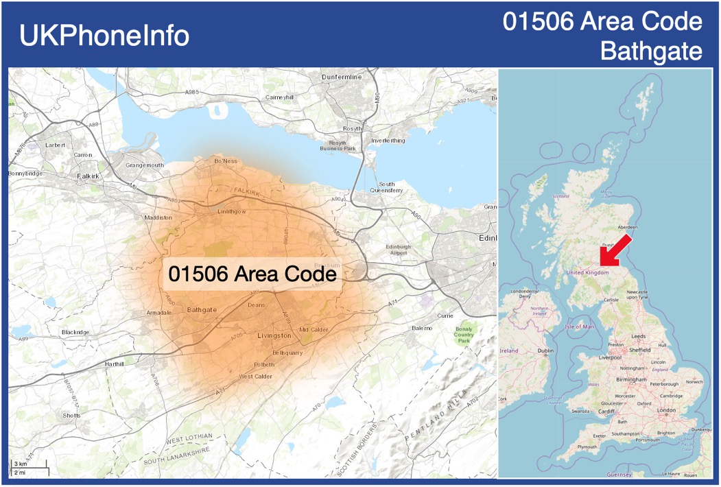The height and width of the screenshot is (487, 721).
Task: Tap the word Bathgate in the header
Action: pyautogui.click(x=651, y=51)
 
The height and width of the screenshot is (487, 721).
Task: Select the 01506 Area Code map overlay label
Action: pyautogui.click(x=252, y=274)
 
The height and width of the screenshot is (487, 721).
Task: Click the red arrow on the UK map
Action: pyautogui.click(x=615, y=248)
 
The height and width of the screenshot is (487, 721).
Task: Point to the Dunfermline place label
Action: pyautogui.click(x=341, y=77)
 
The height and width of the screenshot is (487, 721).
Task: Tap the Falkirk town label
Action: pyautogui.click(x=88, y=176)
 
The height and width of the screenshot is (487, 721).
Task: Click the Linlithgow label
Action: pyautogui.click(x=231, y=211)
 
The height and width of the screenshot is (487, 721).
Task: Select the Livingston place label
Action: pyautogui.click(x=274, y=336)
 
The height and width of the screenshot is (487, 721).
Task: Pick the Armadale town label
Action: pyautogui.click(x=159, y=313)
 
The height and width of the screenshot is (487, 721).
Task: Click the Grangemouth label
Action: pyautogui.click(x=145, y=165)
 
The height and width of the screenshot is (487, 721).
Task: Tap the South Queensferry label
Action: pyautogui.click(x=387, y=187)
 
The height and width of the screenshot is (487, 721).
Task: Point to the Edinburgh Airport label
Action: pyautogui.click(x=398, y=250)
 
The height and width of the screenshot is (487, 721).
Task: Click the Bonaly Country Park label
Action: pyautogui.click(x=464, y=335)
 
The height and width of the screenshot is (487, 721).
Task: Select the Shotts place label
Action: pyautogui.click(x=71, y=416)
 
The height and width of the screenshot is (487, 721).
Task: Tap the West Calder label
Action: pyautogui.click(x=255, y=377)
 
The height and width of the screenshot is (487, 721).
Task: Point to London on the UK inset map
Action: pyautogui.click(x=667, y=410)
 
